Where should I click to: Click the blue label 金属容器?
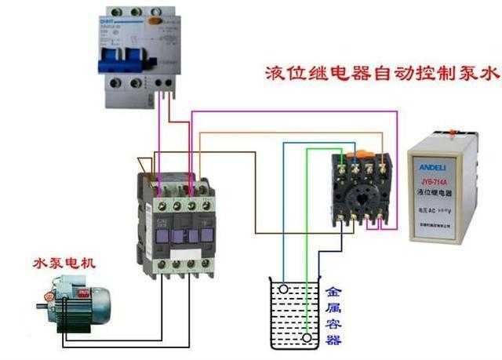(333, 315)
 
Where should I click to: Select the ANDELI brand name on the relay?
(443, 165)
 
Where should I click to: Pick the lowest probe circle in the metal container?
(307, 339)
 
